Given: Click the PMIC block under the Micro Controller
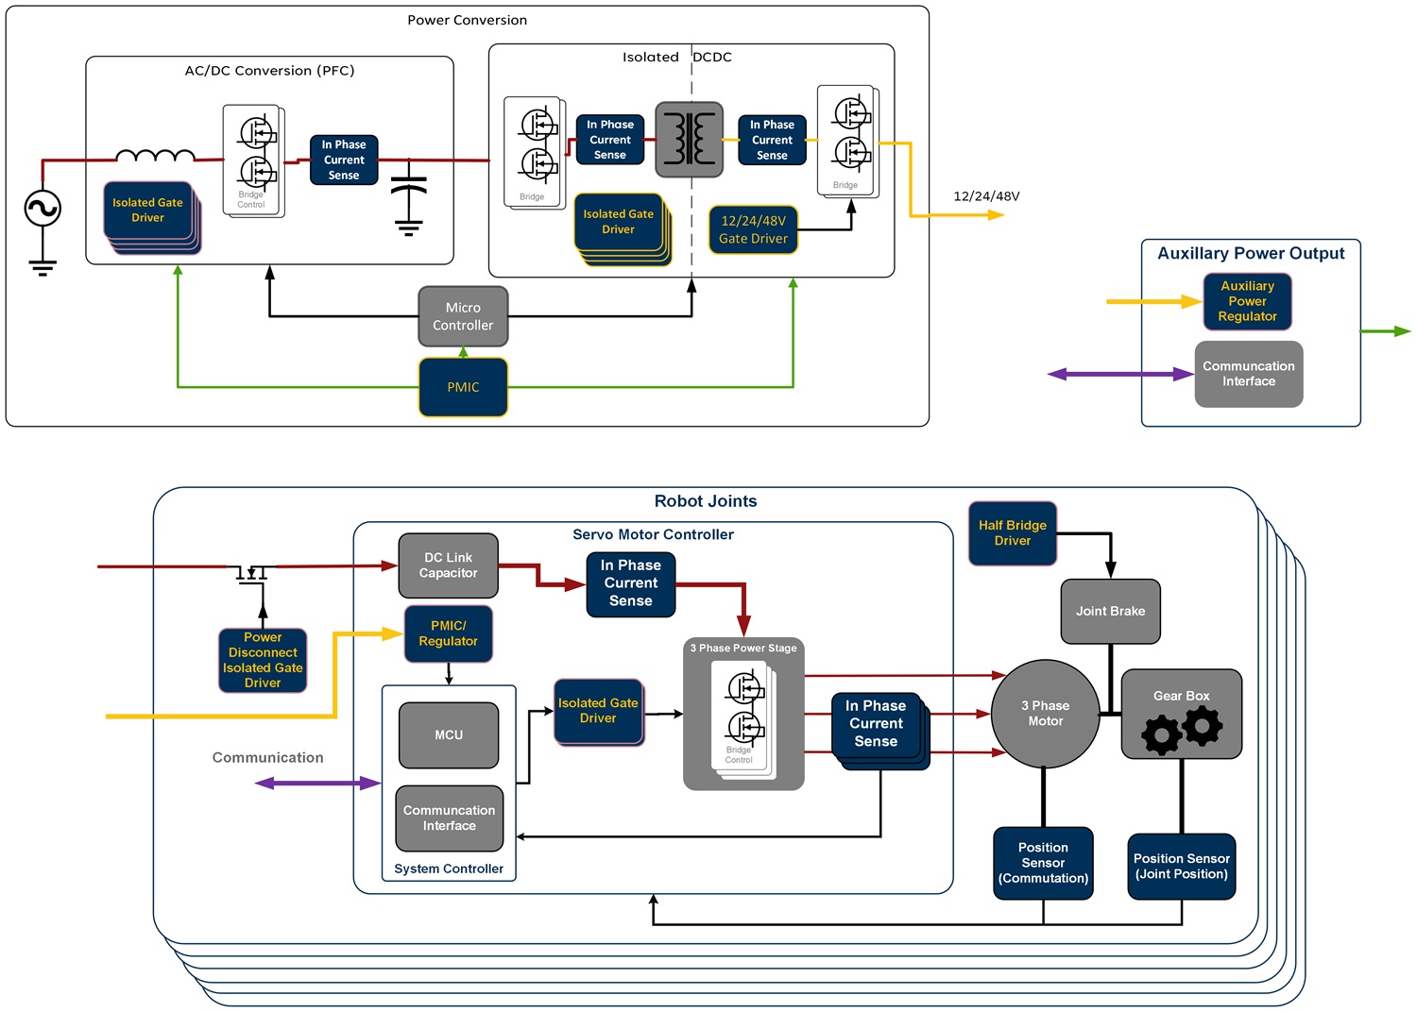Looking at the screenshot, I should click(x=463, y=387).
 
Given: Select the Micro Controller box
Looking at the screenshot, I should click(x=463, y=316).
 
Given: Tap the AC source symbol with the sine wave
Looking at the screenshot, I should click(x=43, y=209).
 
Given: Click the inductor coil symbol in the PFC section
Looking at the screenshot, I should click(x=155, y=156).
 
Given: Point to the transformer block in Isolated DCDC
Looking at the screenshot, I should click(x=690, y=140).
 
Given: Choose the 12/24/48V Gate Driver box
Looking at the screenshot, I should click(x=753, y=230).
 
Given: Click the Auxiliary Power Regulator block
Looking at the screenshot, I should click(x=1247, y=301).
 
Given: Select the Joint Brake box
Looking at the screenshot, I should click(x=1110, y=611).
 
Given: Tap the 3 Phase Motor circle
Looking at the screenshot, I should click(x=1045, y=714).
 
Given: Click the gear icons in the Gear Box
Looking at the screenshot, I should click(x=1182, y=730).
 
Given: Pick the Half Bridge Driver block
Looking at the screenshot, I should click(x=1012, y=533).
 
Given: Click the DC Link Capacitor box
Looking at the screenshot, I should click(x=448, y=565).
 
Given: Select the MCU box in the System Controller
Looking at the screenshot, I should click(x=449, y=734).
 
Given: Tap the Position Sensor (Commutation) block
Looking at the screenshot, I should click(x=1043, y=863).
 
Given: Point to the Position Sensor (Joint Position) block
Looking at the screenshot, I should click(x=1181, y=866).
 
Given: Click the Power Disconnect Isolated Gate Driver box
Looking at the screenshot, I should click(x=263, y=660).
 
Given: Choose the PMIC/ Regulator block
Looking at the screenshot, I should click(x=448, y=633).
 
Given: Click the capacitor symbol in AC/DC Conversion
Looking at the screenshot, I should click(x=408, y=198).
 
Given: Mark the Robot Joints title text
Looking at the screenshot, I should click(x=706, y=501).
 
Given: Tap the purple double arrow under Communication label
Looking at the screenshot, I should click(x=317, y=783).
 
